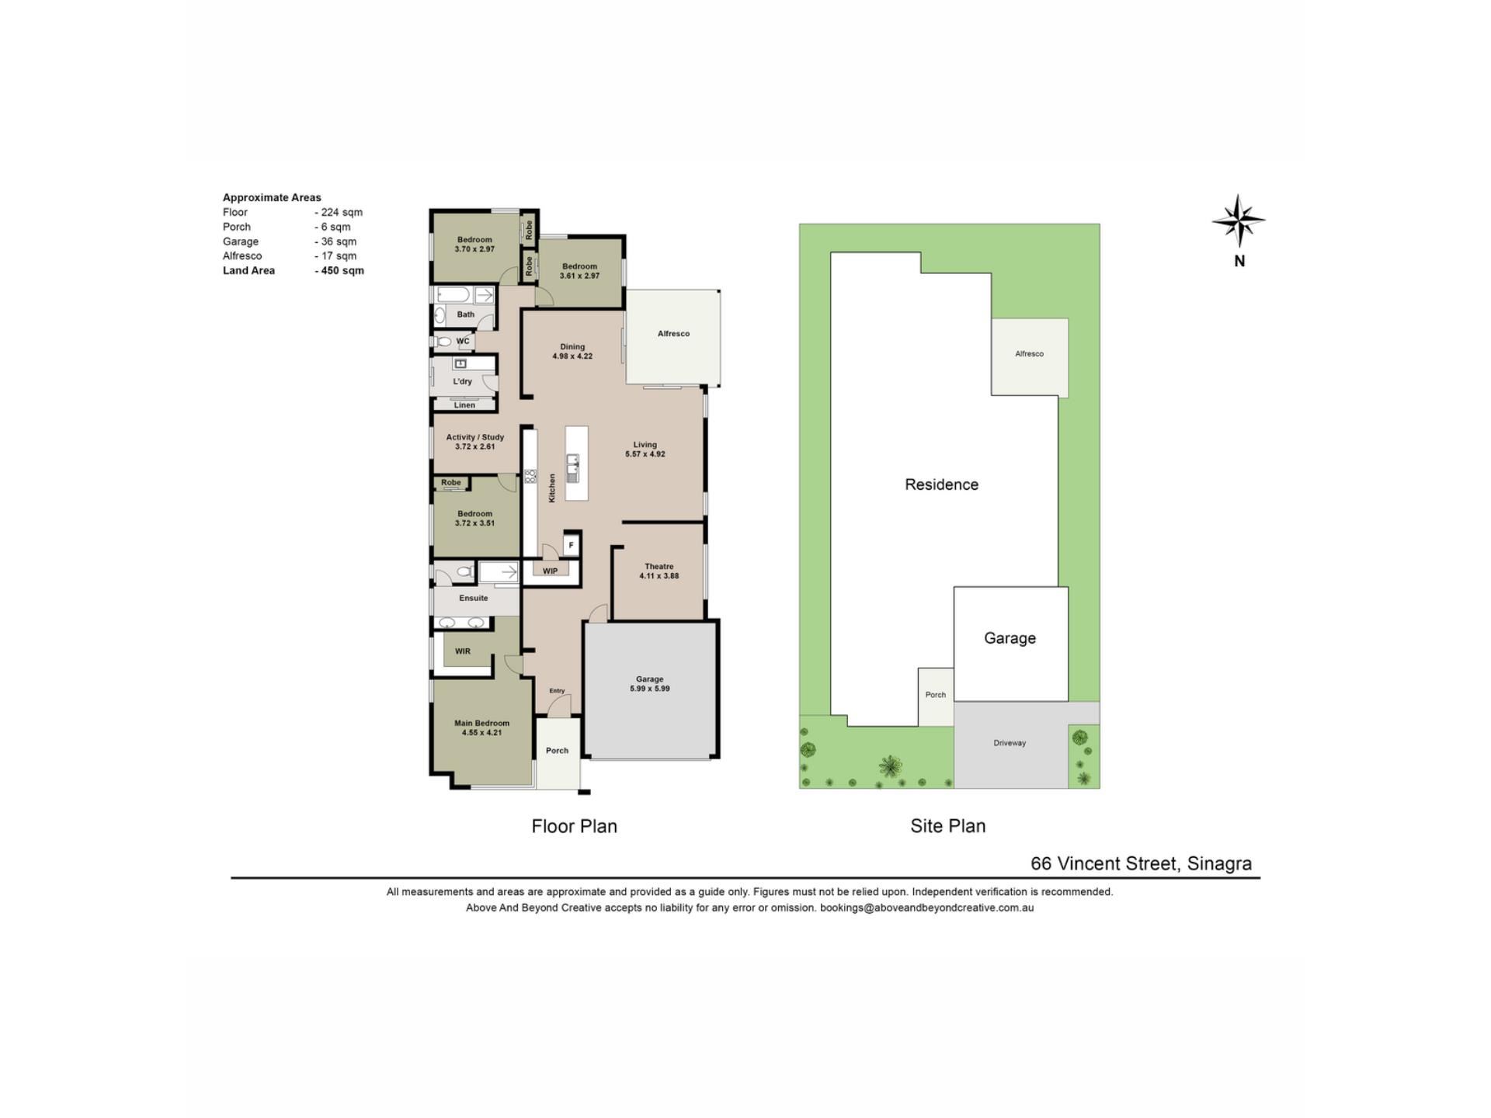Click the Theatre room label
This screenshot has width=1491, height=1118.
point(659,566)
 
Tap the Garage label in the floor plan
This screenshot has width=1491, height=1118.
point(650,679)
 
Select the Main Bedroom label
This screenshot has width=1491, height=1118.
point(481,723)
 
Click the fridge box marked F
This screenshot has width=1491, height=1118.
point(571,545)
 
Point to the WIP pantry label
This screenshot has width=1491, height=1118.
point(550,571)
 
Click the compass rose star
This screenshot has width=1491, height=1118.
point(1239,221)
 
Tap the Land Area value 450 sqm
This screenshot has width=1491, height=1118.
point(339,271)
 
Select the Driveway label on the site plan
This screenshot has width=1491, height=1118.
point(1010,743)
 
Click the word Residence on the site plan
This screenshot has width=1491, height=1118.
point(941,484)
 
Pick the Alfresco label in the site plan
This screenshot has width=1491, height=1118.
point(1029,354)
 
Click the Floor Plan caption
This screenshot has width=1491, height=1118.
point(574,826)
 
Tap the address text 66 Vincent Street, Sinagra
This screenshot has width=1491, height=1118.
point(1141,863)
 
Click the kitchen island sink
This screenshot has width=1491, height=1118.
point(573,468)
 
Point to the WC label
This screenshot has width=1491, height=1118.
point(463,341)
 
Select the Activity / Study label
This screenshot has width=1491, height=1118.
point(474,437)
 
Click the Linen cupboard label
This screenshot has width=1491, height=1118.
point(464,405)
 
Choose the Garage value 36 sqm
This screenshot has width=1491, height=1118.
point(335,241)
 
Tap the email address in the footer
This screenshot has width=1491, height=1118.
point(927,908)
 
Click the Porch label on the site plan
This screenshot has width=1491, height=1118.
point(936,695)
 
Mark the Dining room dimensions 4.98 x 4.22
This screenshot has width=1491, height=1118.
point(572,356)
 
